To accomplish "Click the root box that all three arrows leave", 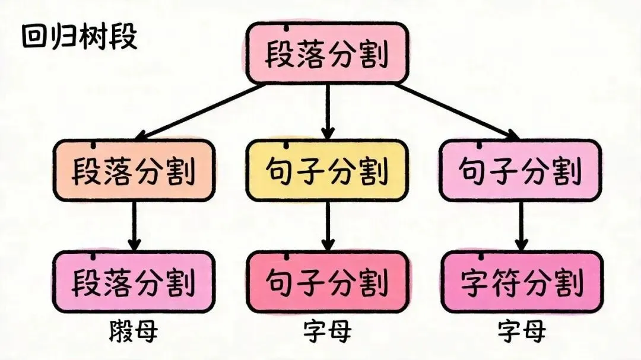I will (326, 54).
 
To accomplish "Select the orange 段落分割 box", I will (134, 171).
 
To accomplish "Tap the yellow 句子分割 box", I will (327, 171).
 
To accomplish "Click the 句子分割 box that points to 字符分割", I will (520, 171).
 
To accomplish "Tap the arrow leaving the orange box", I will (135, 225).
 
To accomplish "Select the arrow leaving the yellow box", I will (328, 225).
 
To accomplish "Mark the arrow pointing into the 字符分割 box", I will (521, 225).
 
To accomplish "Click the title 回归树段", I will (79, 37).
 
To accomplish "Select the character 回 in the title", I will (35, 37).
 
